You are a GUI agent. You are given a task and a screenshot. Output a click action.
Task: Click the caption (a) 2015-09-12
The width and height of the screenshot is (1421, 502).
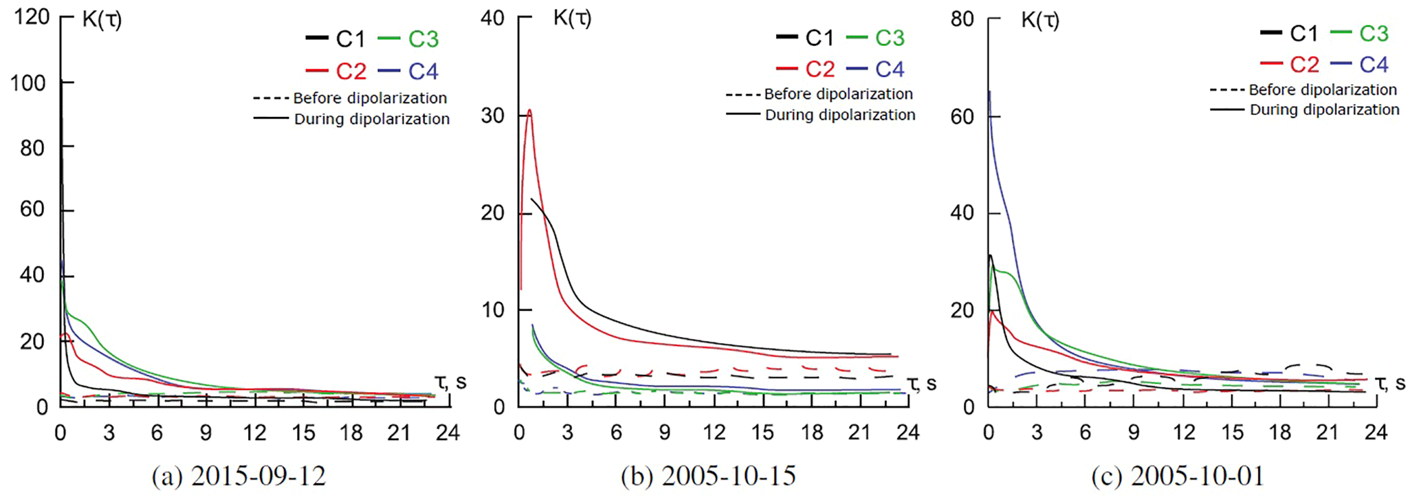[x=239, y=476]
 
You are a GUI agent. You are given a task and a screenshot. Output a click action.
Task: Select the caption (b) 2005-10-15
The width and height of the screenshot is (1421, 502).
[x=708, y=476]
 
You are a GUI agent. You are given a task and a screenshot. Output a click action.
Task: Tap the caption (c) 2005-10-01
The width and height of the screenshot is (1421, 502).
[x=1178, y=476]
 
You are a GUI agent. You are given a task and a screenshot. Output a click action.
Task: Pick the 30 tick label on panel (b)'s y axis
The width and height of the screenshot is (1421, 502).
[x=493, y=116]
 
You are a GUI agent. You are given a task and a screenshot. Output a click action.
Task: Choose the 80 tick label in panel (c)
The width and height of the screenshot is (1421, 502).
[x=962, y=19]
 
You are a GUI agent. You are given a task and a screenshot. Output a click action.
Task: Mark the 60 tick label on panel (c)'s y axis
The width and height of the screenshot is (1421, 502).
[x=962, y=116]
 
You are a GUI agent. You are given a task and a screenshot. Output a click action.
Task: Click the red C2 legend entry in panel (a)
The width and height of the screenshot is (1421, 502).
[x=337, y=71]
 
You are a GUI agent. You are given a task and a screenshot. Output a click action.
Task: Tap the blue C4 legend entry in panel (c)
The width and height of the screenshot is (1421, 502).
[x=1359, y=65]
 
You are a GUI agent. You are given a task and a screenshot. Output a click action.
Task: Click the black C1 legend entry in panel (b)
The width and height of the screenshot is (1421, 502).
[x=805, y=38]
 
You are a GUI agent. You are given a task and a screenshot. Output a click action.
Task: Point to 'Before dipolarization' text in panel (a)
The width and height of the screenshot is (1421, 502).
[x=370, y=98]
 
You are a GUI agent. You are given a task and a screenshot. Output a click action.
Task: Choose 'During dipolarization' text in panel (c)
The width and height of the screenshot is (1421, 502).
[x=1324, y=110]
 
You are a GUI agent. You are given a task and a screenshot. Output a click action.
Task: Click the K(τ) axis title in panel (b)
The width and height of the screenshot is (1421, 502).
[x=572, y=18]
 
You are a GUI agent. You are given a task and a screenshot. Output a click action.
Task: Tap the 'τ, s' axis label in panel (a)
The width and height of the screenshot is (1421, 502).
[x=450, y=382]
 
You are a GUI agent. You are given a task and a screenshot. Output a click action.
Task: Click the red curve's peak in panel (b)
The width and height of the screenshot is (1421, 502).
[x=529, y=110]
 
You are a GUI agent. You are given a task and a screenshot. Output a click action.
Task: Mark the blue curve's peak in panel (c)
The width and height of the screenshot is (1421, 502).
[x=989, y=91]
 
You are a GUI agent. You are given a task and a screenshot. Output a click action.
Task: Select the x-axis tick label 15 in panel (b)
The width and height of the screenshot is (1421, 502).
[x=762, y=433]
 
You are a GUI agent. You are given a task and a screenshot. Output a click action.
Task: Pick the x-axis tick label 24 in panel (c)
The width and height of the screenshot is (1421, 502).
[x=1376, y=433]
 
